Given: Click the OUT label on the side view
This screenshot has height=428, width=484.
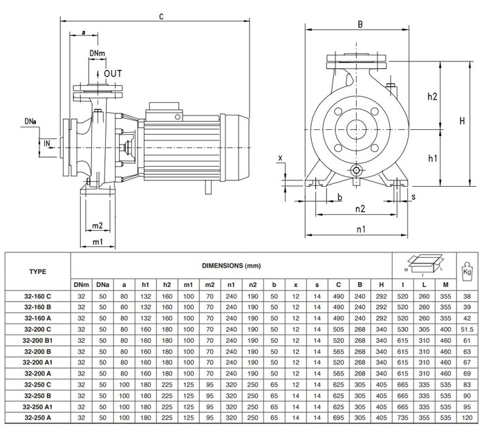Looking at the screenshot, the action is click(x=113, y=73).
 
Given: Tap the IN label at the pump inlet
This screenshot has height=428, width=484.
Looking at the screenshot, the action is click(x=47, y=143).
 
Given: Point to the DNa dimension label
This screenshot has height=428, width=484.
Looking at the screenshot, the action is click(x=30, y=122).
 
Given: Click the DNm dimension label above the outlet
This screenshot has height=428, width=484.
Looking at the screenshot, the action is click(x=97, y=53).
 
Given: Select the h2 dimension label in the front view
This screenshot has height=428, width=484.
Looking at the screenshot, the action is click(x=432, y=97).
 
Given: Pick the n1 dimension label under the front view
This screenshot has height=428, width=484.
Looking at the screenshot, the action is click(x=361, y=229).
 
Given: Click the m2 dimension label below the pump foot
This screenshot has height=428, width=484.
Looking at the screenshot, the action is click(x=97, y=225).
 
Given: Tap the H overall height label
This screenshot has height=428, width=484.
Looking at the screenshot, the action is click(x=462, y=120).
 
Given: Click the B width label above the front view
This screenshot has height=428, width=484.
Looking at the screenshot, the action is click(x=360, y=24).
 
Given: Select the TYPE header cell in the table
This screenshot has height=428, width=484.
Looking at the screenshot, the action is click(x=37, y=272).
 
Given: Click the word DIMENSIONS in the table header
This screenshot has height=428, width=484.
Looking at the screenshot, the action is click(x=222, y=266).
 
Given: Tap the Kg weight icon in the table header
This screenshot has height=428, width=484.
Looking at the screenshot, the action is click(x=467, y=272).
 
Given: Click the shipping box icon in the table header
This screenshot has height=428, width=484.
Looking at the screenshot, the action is click(x=424, y=264).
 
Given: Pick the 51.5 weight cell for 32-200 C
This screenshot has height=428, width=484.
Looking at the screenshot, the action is click(x=467, y=330).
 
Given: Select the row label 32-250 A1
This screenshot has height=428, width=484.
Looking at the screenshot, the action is click(x=37, y=407).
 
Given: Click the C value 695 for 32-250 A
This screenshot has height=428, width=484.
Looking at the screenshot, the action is click(x=338, y=418).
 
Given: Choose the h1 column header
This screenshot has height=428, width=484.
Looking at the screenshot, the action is click(x=145, y=285).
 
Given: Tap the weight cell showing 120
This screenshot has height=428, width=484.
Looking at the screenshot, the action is click(x=467, y=418).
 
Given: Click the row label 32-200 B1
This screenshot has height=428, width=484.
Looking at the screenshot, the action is click(x=37, y=341).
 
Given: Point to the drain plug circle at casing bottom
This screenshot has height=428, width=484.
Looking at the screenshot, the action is click(x=356, y=170).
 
